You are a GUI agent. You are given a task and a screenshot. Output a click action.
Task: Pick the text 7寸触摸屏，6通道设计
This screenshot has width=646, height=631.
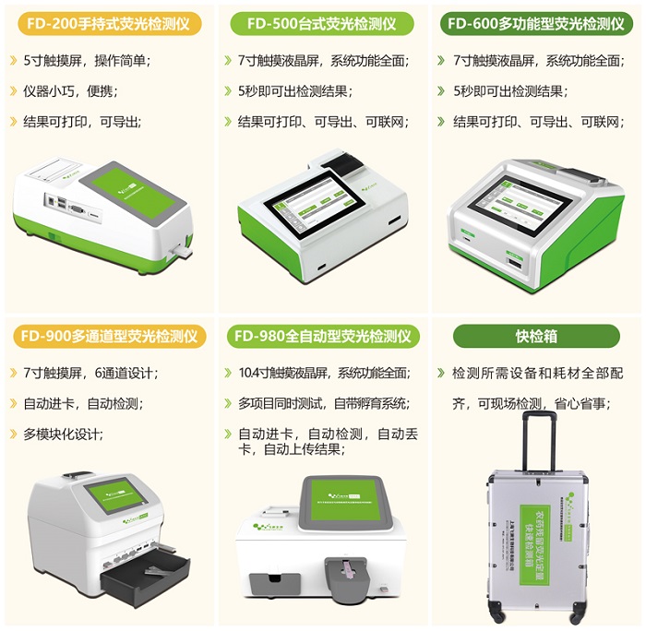coord(91,374)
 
